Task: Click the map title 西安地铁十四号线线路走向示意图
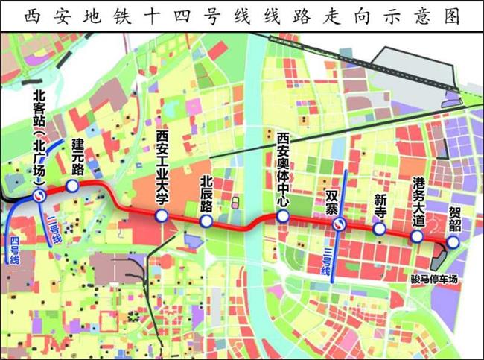242,15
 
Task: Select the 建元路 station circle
72,186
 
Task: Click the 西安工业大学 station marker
161,216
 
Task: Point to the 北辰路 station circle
206,222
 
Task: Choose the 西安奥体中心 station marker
282,216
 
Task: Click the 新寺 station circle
380,229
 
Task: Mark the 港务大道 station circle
417,236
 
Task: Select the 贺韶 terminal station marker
453,241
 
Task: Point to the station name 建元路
76,157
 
